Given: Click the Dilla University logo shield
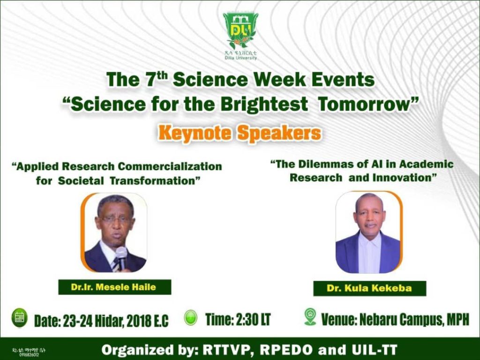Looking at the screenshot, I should pyautogui.click(x=240, y=31).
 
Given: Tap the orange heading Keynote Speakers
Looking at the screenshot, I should pyautogui.click(x=240, y=133).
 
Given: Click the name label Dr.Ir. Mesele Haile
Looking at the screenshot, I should pyautogui.click(x=114, y=287).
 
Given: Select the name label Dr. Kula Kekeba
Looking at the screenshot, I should pyautogui.click(x=369, y=288).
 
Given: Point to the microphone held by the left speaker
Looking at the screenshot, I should pyautogui.click(x=121, y=256).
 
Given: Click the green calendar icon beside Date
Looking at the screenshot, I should pyautogui.click(x=19, y=317).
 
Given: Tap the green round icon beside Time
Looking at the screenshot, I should pyautogui.click(x=191, y=317).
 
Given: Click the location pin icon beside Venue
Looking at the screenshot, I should pyautogui.click(x=310, y=317).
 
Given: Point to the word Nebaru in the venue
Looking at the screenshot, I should pyautogui.click(x=385, y=320).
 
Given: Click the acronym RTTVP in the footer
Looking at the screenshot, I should pyautogui.click(x=219, y=350).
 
